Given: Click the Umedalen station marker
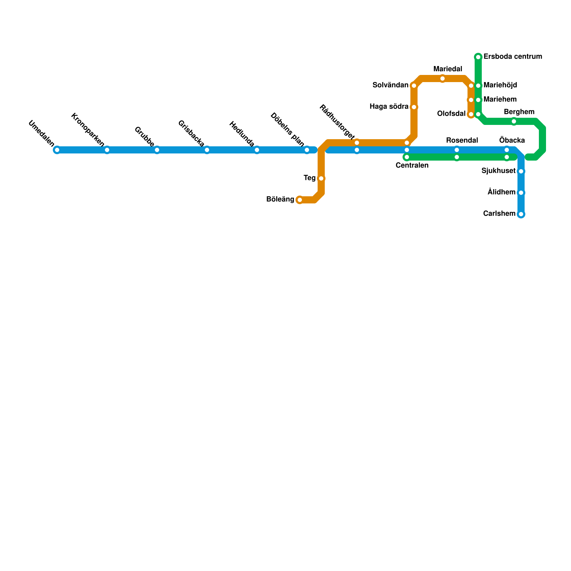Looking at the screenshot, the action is click(57, 150).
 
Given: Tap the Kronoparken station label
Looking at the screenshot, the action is click(88, 130).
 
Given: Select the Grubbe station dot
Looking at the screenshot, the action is click(157, 150).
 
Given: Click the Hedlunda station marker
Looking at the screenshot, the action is click(257, 150).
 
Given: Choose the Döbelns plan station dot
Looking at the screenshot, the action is click(307, 150).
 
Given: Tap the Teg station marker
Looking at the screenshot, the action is click(321, 178).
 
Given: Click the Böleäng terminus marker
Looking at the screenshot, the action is click(300, 200).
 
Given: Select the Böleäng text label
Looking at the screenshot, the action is click(280, 199).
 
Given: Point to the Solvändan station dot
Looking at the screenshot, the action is click(414, 86).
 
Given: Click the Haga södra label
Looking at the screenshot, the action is click(389, 107).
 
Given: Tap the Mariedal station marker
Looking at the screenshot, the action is click(443, 79).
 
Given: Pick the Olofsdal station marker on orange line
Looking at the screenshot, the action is click(471, 114).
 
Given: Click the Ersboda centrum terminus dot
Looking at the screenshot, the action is click(478, 57).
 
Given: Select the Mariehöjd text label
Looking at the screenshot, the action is click(500, 85).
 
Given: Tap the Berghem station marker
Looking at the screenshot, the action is click(514, 121).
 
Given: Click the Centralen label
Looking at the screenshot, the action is click(412, 166).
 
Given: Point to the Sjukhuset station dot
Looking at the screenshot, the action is click(521, 171).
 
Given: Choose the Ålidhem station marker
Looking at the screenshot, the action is click(521, 193).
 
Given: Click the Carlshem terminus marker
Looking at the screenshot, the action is click(521, 214).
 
